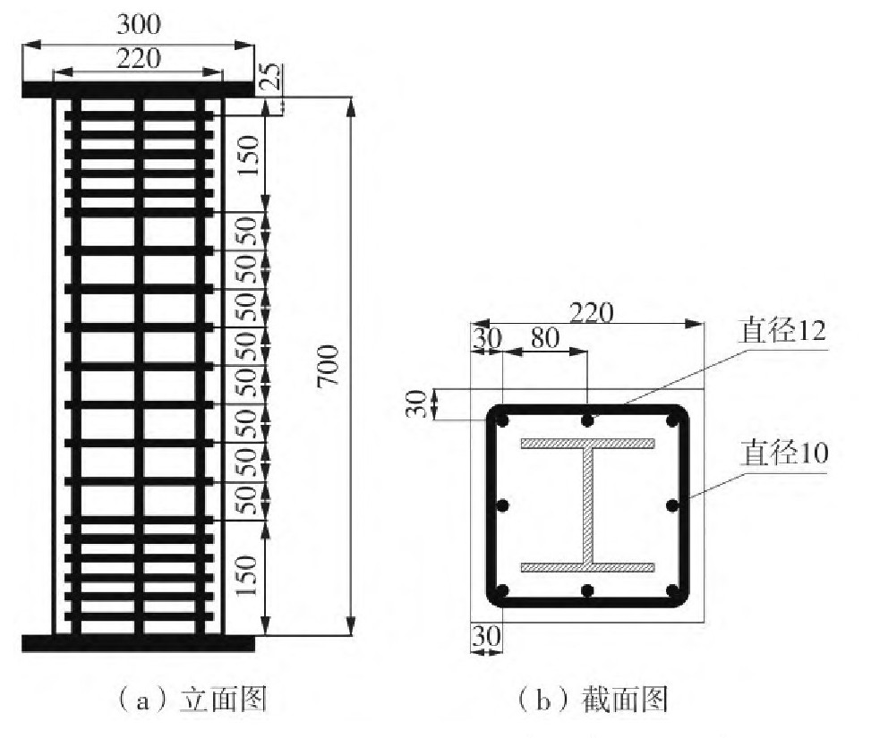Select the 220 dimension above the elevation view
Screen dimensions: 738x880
pos(139,59)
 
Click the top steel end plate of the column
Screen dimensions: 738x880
pos(139,89)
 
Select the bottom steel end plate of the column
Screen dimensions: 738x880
pos(139,641)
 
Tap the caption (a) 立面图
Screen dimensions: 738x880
pos(193,699)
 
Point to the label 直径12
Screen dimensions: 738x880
pos(780,333)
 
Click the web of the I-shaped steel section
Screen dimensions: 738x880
pos(588,505)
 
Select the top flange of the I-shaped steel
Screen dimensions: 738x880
pos(588,443)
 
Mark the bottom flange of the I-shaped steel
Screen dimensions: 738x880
pos(588,567)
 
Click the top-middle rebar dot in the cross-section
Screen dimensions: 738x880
pos(587,420)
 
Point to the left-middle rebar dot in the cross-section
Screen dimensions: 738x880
pos(502,505)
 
